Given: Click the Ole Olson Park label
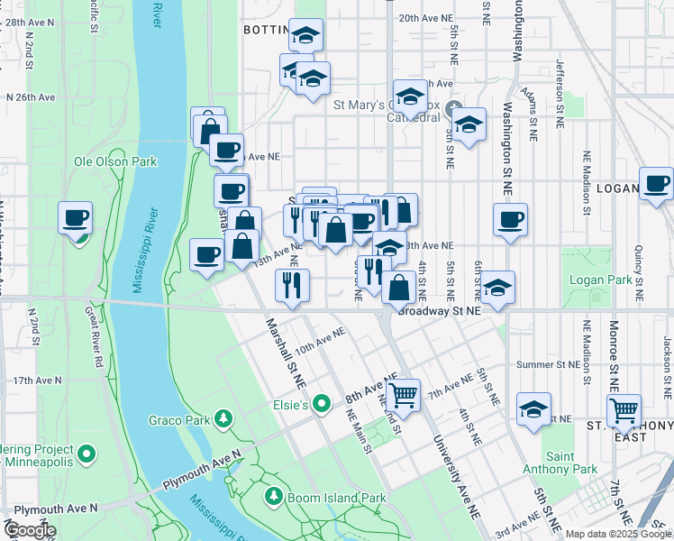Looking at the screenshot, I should tap(115, 162).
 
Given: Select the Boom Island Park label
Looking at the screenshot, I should tap(335, 498).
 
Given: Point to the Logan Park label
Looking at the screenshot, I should tap(600, 280).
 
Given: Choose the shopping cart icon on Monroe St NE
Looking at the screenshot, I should tap(624, 410).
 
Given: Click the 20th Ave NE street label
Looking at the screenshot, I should tap(427, 18).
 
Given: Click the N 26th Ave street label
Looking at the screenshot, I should tap(31, 96).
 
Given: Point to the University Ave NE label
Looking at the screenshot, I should tap(454, 478).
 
